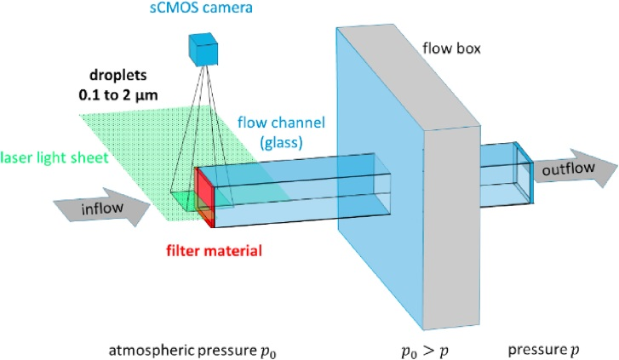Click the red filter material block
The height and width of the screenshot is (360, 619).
(203, 196)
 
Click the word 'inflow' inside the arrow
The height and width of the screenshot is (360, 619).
(89, 210)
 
